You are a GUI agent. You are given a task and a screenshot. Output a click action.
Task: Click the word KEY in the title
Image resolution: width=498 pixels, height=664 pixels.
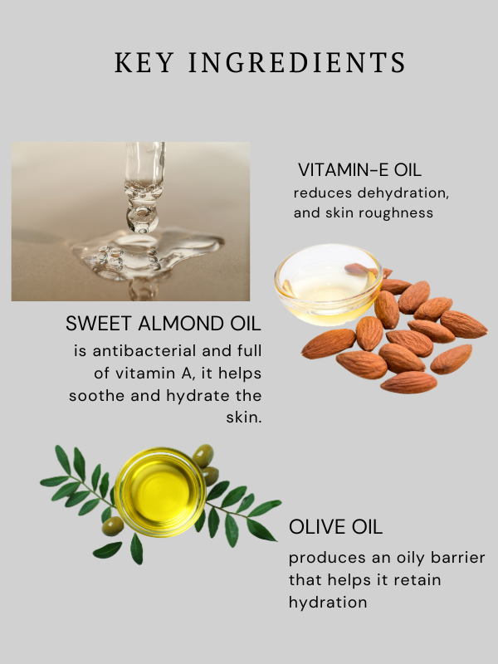144,62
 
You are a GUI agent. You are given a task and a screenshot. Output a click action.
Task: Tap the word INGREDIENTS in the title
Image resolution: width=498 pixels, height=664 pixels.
297,62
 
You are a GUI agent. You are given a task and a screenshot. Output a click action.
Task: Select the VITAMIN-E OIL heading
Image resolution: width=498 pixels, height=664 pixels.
359,170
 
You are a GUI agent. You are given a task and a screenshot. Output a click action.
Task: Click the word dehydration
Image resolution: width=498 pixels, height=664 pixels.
403,193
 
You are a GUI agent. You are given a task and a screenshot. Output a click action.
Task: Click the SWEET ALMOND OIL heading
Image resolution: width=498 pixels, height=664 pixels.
163,324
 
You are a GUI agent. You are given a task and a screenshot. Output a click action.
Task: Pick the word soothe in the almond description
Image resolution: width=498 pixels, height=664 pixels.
97,396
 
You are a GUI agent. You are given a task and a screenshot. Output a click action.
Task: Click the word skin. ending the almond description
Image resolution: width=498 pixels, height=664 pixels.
243,417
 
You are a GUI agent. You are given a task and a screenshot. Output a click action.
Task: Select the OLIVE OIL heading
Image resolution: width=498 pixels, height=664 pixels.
335,527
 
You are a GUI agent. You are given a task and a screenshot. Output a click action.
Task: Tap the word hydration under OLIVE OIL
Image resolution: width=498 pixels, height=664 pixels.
328,602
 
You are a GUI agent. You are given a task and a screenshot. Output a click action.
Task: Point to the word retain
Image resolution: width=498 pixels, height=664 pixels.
417,579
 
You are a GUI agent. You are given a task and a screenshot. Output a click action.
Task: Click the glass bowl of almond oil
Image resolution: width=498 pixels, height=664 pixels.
328,285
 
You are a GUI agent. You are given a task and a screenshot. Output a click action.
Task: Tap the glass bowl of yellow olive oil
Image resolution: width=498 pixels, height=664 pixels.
160,492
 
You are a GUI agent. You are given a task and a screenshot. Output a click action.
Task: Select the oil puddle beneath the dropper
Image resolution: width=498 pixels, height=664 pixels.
149,254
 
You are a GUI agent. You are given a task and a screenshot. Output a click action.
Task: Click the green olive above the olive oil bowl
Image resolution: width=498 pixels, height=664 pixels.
203,456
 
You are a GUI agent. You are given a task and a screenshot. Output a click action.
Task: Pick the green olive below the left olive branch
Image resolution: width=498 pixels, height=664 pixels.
113,526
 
